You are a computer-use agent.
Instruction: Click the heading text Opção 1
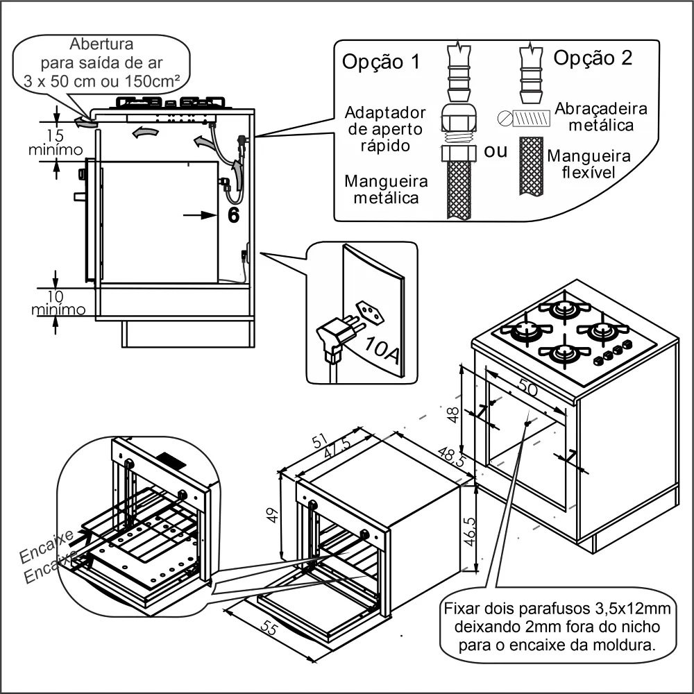click(381, 61)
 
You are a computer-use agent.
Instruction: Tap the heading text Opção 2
click(593, 58)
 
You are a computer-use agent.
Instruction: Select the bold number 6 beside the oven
click(234, 216)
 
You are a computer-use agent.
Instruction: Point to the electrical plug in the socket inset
click(339, 338)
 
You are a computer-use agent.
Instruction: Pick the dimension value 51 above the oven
click(319, 440)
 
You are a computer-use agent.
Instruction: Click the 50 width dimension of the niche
click(528, 390)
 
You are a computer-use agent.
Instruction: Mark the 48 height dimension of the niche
click(452, 415)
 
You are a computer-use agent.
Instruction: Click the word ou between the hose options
click(496, 151)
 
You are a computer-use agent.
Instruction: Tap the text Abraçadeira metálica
click(601, 117)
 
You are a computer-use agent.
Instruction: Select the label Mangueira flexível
click(589, 164)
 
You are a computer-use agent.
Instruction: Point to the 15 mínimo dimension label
click(56, 142)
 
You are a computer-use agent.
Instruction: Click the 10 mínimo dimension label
click(58, 301)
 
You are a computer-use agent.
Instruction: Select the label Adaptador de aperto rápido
click(385, 128)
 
